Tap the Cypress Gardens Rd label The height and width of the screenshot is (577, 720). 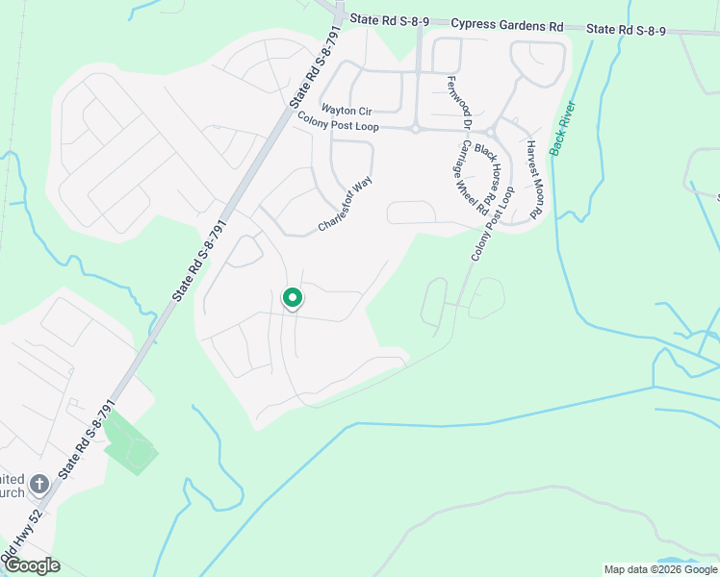tap(506, 25)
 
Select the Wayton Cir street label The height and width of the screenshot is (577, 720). tap(346, 110)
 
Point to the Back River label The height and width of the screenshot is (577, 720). tap(562, 128)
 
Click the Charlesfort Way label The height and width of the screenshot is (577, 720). tap(345, 204)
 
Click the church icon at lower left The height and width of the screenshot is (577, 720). tap(39, 484)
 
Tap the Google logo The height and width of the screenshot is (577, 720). tap(31, 565)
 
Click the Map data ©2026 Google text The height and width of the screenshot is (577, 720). tap(659, 569)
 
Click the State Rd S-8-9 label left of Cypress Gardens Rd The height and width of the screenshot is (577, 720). tap(388, 19)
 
